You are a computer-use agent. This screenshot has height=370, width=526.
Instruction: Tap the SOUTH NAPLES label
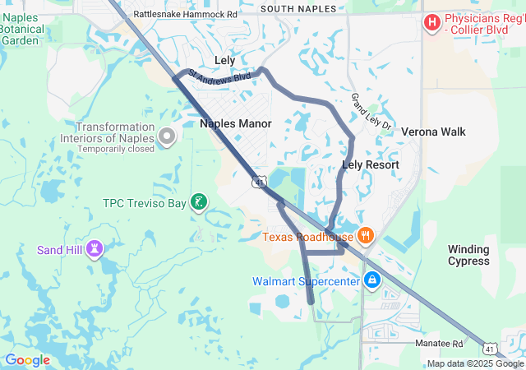(298, 9)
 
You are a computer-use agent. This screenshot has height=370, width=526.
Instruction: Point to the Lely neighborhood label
(224, 61)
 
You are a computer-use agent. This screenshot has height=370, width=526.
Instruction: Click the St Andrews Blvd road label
(219, 76)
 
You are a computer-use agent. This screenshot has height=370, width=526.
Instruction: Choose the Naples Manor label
(236, 123)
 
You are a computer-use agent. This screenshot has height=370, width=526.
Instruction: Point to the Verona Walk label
(433, 132)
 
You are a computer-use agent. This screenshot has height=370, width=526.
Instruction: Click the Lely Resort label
(370, 165)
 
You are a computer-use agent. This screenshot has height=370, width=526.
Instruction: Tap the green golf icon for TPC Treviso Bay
(198, 202)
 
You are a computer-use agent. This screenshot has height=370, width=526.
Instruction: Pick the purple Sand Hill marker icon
(95, 248)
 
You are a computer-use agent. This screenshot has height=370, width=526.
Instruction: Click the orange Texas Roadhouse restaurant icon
(365, 237)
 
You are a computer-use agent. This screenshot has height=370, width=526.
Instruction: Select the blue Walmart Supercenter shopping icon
(372, 281)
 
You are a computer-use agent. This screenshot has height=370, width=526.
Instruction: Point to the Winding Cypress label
(468, 255)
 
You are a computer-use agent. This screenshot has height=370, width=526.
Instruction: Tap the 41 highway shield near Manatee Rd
(490, 349)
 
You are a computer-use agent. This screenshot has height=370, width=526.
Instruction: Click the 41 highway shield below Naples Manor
(260, 182)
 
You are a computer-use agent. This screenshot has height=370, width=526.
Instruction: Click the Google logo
(27, 359)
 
